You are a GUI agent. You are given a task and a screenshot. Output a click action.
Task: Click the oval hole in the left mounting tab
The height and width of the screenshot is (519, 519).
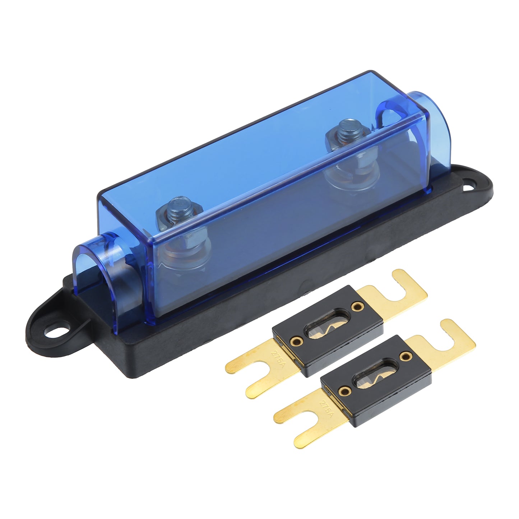[x=57, y=332]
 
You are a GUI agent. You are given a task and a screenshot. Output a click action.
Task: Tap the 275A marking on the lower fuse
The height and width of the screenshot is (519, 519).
[x=326, y=408]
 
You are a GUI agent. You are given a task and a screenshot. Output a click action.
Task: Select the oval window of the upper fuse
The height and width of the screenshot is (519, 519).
[x=327, y=324]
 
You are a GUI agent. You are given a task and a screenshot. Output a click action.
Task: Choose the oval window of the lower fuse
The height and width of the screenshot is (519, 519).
[x=375, y=374]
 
